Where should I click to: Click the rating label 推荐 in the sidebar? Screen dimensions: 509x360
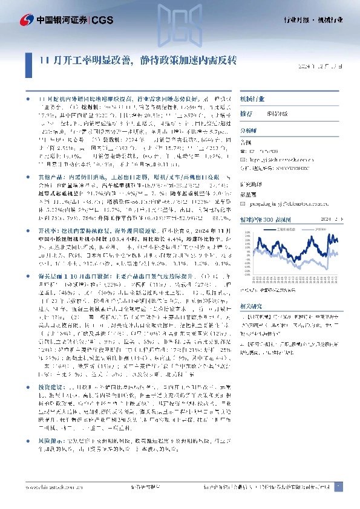[246, 113]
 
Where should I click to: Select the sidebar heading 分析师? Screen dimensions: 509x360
[249, 129]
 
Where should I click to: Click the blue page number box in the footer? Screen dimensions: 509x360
[339, 485]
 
